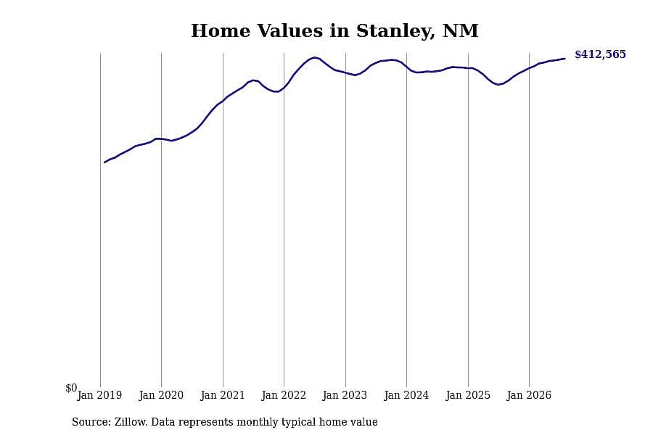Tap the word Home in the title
221,30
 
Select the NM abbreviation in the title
460,30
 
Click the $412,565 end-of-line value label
600,54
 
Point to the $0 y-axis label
71,388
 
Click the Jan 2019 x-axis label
99,395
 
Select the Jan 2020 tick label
161,395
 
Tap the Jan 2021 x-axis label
223,395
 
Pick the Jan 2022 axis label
284,395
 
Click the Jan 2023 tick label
345,395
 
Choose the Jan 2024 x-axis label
406,395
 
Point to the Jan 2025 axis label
468,395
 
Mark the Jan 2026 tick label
529,395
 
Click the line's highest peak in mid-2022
314,57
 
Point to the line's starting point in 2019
104,162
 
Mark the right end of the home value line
564,59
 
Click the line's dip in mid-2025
498,85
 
